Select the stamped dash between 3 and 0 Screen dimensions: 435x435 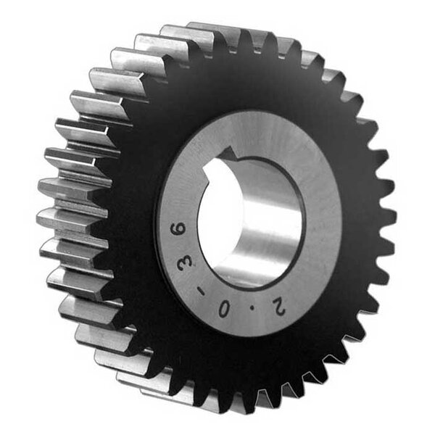click(200, 291)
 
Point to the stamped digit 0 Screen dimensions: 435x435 click(223, 309)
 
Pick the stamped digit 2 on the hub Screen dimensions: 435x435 click(279, 307)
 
